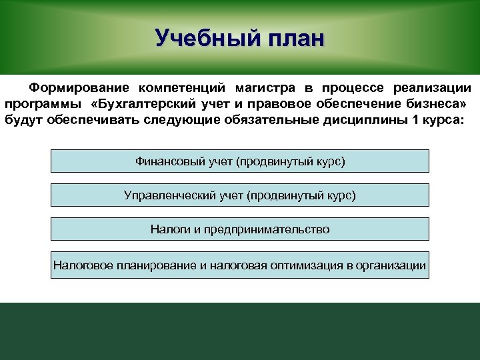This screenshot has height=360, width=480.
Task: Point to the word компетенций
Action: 181,89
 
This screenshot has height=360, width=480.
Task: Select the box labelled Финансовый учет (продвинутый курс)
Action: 240,161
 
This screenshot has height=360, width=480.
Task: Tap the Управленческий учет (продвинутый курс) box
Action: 240,195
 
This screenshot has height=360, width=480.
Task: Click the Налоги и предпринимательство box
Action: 240,229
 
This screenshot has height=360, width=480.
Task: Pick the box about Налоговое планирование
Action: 240,265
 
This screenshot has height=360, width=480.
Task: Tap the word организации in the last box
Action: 391,266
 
